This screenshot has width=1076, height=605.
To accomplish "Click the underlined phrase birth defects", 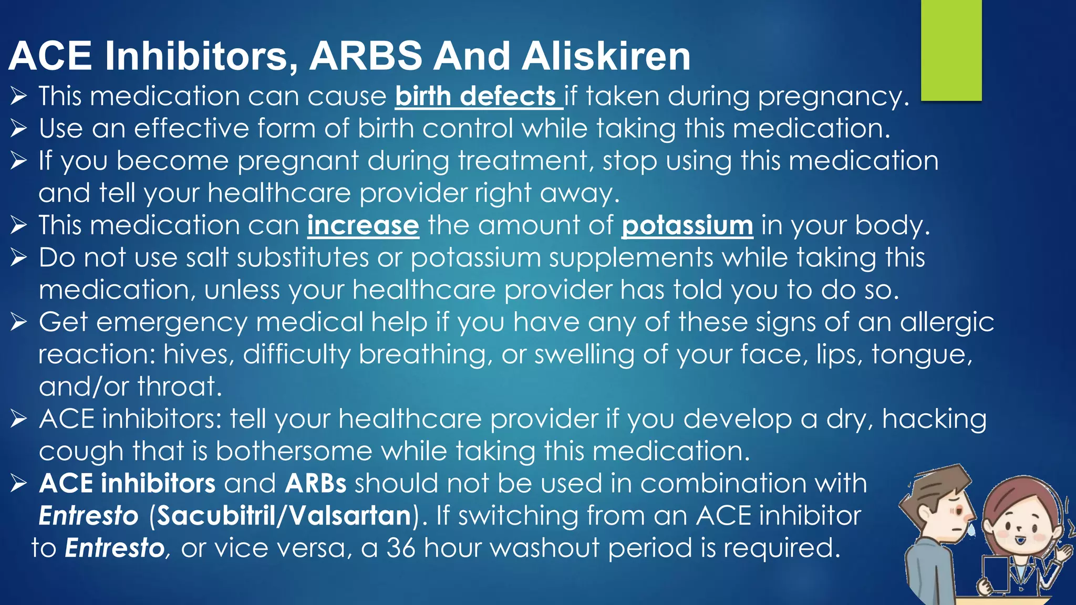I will pos(476,97).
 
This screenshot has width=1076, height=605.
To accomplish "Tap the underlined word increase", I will pos(363,226).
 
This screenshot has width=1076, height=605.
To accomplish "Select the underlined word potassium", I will pos(687,226).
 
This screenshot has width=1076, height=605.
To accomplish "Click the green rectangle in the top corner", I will pos(951,50).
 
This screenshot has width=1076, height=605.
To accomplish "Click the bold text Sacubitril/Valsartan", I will pos(284,516).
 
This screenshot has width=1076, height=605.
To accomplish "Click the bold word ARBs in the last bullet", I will pos(315,484).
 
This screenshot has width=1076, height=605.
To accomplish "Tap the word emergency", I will pos(172,323).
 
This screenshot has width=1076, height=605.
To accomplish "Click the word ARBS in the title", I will pos(366,56).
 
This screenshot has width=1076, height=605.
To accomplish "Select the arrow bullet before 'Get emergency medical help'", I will pos(18,322).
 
